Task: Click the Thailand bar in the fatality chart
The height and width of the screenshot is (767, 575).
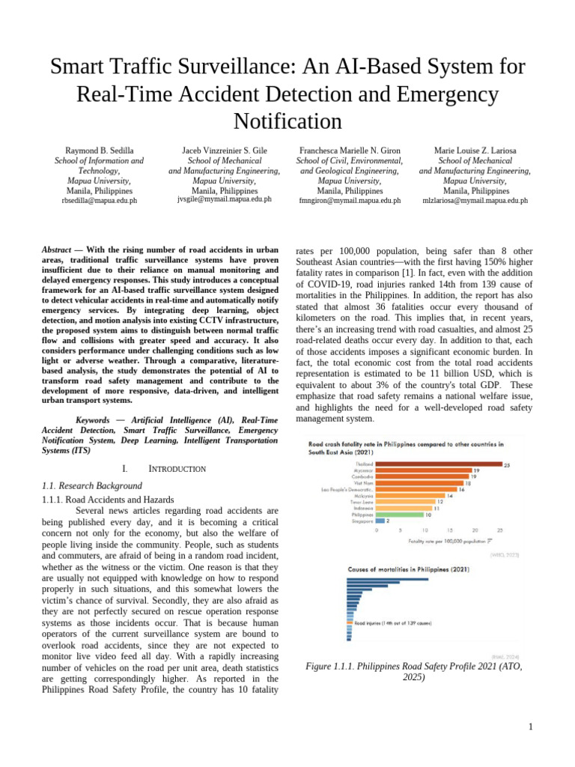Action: tap(438, 464)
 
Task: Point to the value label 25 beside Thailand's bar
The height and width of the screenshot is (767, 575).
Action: tap(507, 464)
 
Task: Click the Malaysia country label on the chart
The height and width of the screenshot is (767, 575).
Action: tap(364, 495)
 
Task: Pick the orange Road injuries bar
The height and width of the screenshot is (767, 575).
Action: tap(349, 622)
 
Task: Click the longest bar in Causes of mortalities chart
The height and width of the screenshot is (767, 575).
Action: tap(388, 579)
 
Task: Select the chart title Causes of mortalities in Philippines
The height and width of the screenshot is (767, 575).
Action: tap(408, 569)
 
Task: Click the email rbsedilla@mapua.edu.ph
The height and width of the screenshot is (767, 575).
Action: tap(100, 201)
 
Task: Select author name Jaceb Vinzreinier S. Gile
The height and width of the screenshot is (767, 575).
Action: tap(225, 151)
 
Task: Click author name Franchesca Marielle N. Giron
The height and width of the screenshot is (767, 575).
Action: tap(350, 151)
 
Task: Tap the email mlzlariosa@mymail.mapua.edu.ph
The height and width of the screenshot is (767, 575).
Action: tap(475, 201)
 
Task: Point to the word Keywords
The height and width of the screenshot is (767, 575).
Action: tap(93, 420)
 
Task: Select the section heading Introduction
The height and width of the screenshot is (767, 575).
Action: tap(177, 469)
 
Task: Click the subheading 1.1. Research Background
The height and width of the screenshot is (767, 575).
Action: tap(94, 485)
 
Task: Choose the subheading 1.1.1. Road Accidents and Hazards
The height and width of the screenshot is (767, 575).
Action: tap(109, 499)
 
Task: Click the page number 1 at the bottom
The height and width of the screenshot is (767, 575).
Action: tap(530, 727)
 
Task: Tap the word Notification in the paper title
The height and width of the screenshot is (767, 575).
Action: tap(287, 121)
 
